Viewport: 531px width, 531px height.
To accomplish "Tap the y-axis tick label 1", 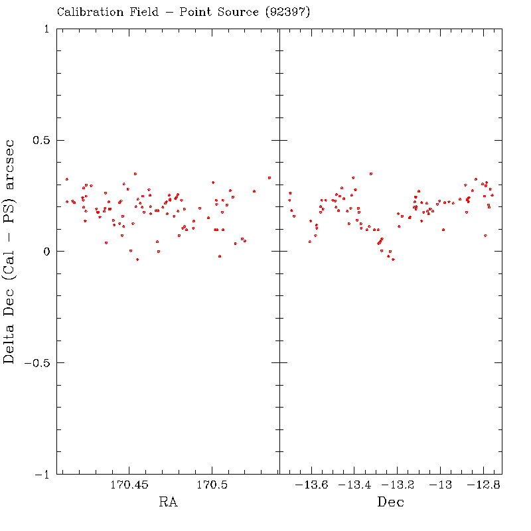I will pos(44,29).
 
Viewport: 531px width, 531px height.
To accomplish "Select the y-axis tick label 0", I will pos(44,252).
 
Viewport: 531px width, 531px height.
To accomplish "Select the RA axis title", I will pos(168,502).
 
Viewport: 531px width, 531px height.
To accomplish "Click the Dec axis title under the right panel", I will pos(390,502).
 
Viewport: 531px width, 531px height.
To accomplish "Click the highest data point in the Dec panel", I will pos(371,174).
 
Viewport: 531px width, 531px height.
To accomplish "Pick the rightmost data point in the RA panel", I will pos(269,178).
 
